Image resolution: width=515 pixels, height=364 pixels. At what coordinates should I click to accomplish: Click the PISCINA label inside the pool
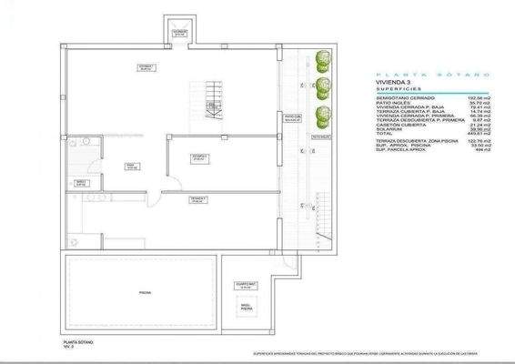pos(144,292)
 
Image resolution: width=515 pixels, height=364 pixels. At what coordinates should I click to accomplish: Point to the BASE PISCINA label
pos(246,308)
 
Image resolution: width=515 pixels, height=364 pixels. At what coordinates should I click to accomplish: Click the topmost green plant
pos(319,60)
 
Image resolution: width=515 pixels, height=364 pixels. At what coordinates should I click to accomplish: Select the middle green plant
pos(320,87)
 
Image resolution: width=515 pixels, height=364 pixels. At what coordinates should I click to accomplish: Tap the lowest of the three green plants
pos(320,116)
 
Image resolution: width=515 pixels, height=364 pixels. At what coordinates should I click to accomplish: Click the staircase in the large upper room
pos(213,100)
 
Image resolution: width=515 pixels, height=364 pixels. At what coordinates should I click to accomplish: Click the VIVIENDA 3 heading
pos(394,82)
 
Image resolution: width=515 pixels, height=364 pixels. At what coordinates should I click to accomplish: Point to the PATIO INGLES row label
pos(394,102)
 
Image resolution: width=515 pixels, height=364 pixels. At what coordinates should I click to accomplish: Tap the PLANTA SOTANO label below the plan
pos(78,341)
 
